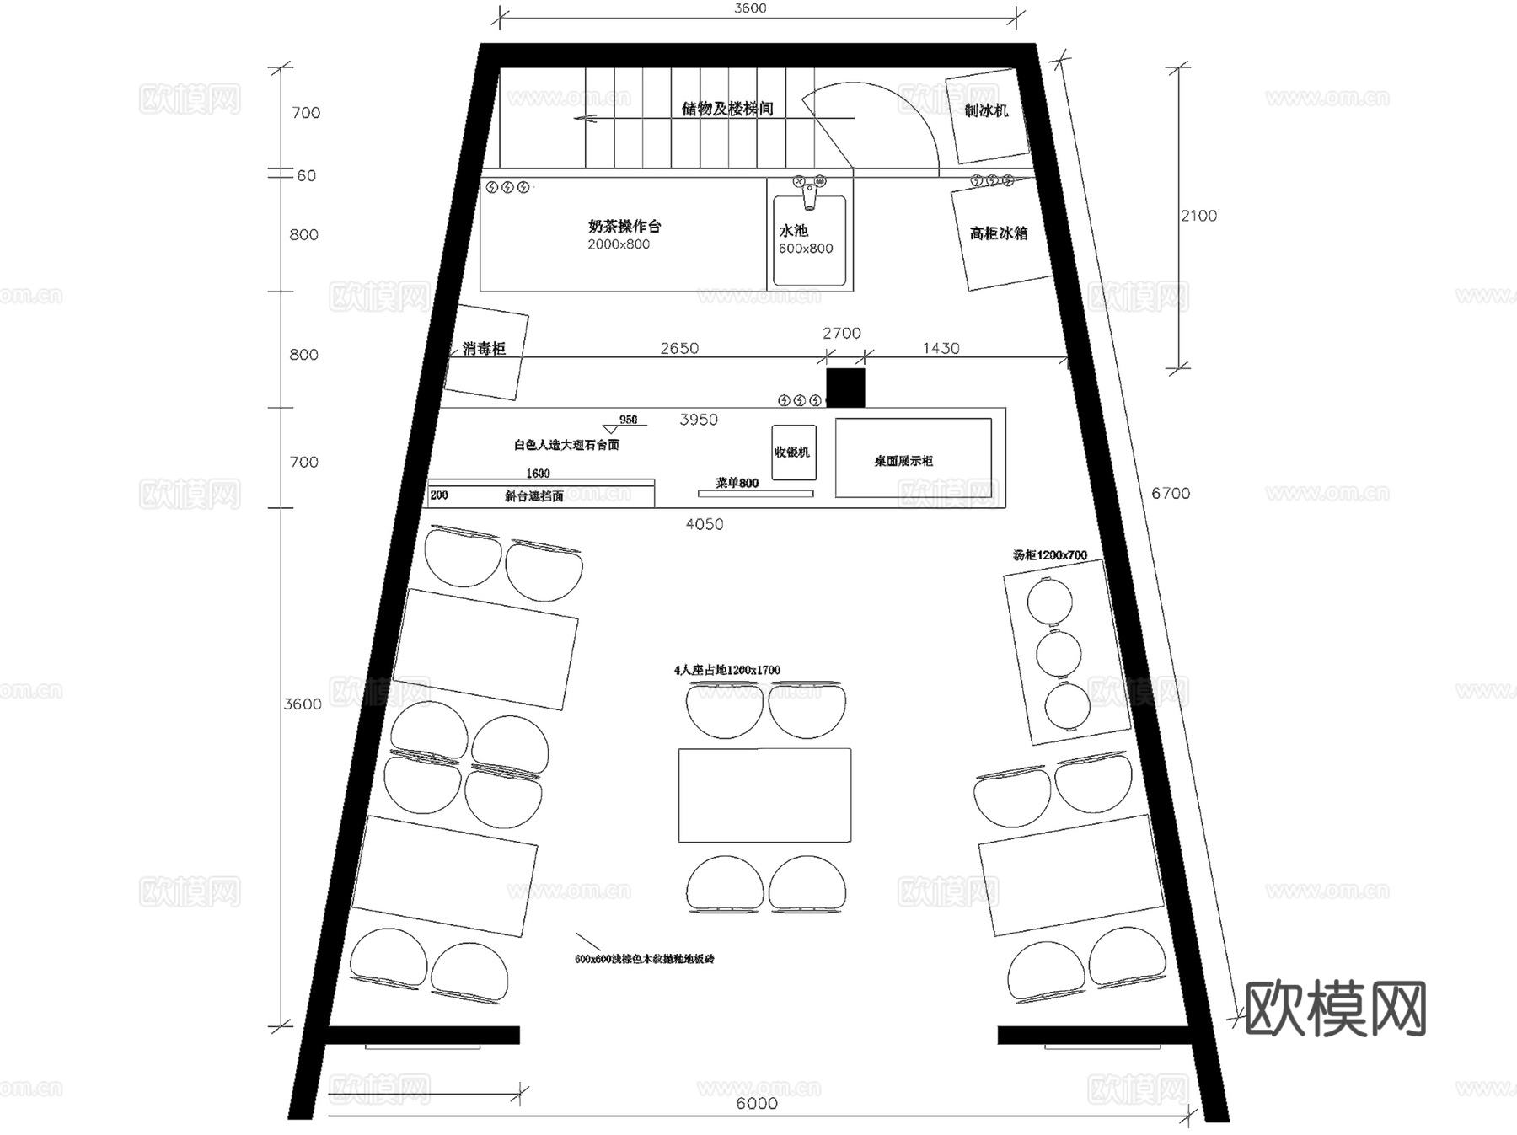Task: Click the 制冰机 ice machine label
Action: pos(986,110)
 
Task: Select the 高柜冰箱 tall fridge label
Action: pos(999,233)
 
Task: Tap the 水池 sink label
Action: pos(793,230)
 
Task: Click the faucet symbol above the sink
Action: pos(809,190)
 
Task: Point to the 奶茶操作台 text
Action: pos(624,226)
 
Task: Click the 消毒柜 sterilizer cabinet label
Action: pos(484,349)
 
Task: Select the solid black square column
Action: pos(845,388)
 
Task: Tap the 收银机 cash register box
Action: pos(793,452)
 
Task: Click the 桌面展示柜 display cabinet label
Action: pos(903,461)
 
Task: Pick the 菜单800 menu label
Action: pos(737,483)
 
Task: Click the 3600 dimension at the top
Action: pos(750,8)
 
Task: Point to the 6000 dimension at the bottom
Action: pos(756,1103)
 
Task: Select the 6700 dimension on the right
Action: pos(1171,493)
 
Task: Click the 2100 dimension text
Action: pos(1198,216)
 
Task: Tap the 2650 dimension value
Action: pos(678,348)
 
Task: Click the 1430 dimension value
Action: pos(941,348)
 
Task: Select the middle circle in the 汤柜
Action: pos(1058,653)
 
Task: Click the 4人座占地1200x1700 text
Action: pos(726,670)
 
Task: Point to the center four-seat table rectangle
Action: pos(764,795)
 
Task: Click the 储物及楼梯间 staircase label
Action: pos(727,109)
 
